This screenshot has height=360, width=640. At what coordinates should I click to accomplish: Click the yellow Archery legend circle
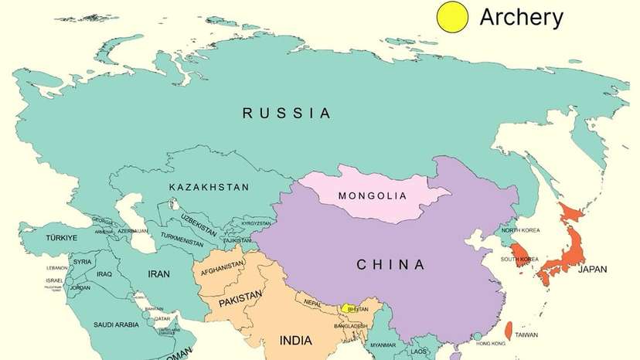pyautogui.click(x=452, y=17)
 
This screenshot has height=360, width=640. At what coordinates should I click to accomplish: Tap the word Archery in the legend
pyautogui.click(x=522, y=16)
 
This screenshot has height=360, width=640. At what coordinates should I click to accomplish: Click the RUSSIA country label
pyautogui.click(x=287, y=114)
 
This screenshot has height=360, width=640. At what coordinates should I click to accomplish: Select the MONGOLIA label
pyautogui.click(x=372, y=195)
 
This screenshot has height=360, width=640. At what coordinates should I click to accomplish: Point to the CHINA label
pyautogui.click(x=390, y=265)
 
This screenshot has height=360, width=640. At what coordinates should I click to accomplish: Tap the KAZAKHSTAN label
pyautogui.click(x=209, y=187)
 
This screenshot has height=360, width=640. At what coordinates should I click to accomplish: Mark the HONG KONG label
pyautogui.click(x=490, y=344)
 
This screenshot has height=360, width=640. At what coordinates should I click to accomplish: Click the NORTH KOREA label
pyautogui.click(x=521, y=230)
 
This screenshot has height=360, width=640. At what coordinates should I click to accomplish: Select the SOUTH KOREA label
pyautogui.click(x=519, y=259)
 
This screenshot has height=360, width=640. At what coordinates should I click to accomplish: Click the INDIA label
pyautogui.click(x=295, y=340)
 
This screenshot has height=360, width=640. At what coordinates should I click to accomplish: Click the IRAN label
pyautogui.click(x=158, y=273)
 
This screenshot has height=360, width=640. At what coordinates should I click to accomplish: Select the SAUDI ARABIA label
pyautogui.click(x=117, y=324)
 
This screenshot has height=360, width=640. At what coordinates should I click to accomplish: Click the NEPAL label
pyautogui.click(x=313, y=302)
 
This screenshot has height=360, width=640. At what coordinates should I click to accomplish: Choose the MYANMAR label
pyautogui.click(x=383, y=345)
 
